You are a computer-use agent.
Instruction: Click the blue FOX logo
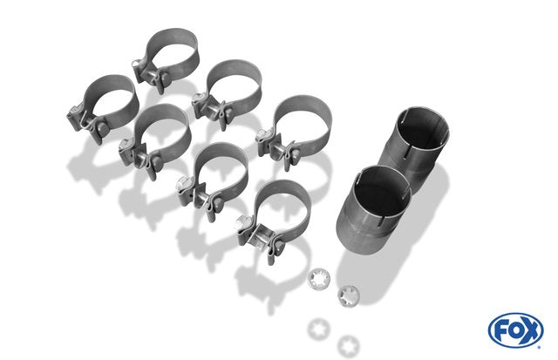pyautogui.click(x=515, y=330)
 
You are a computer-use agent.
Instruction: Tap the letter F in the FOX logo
pyautogui.click(x=500, y=331)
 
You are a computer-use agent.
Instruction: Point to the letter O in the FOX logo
pyautogui.click(x=515, y=330)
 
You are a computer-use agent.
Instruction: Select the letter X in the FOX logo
pyautogui.click(x=530, y=331)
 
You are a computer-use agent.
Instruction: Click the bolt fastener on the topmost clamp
pyautogui.click(x=149, y=76)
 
